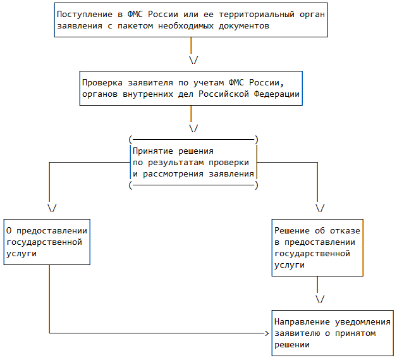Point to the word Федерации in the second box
[x=275, y=94]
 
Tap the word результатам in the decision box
[x=174, y=162]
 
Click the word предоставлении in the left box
[x=53, y=230]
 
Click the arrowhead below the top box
[x=193, y=60]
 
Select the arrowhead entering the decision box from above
[x=193, y=128]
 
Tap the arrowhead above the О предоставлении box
[x=51, y=208]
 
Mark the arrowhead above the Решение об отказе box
[x=319, y=208]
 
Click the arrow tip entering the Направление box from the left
[x=266, y=333]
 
